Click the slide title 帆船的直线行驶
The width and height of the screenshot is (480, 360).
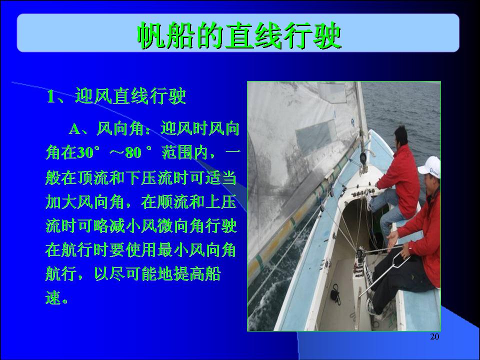pos(239,35)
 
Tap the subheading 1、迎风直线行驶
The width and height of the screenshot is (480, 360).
pos(116,96)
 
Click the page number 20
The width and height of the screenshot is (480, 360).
pos(434,336)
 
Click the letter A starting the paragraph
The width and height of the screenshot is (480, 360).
pos(74,129)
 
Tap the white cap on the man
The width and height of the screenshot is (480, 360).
pos(430,167)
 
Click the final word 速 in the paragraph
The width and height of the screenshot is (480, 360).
pos(53,297)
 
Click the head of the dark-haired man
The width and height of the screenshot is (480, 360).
pos(400,136)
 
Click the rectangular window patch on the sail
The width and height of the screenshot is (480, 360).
pos(316,136)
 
